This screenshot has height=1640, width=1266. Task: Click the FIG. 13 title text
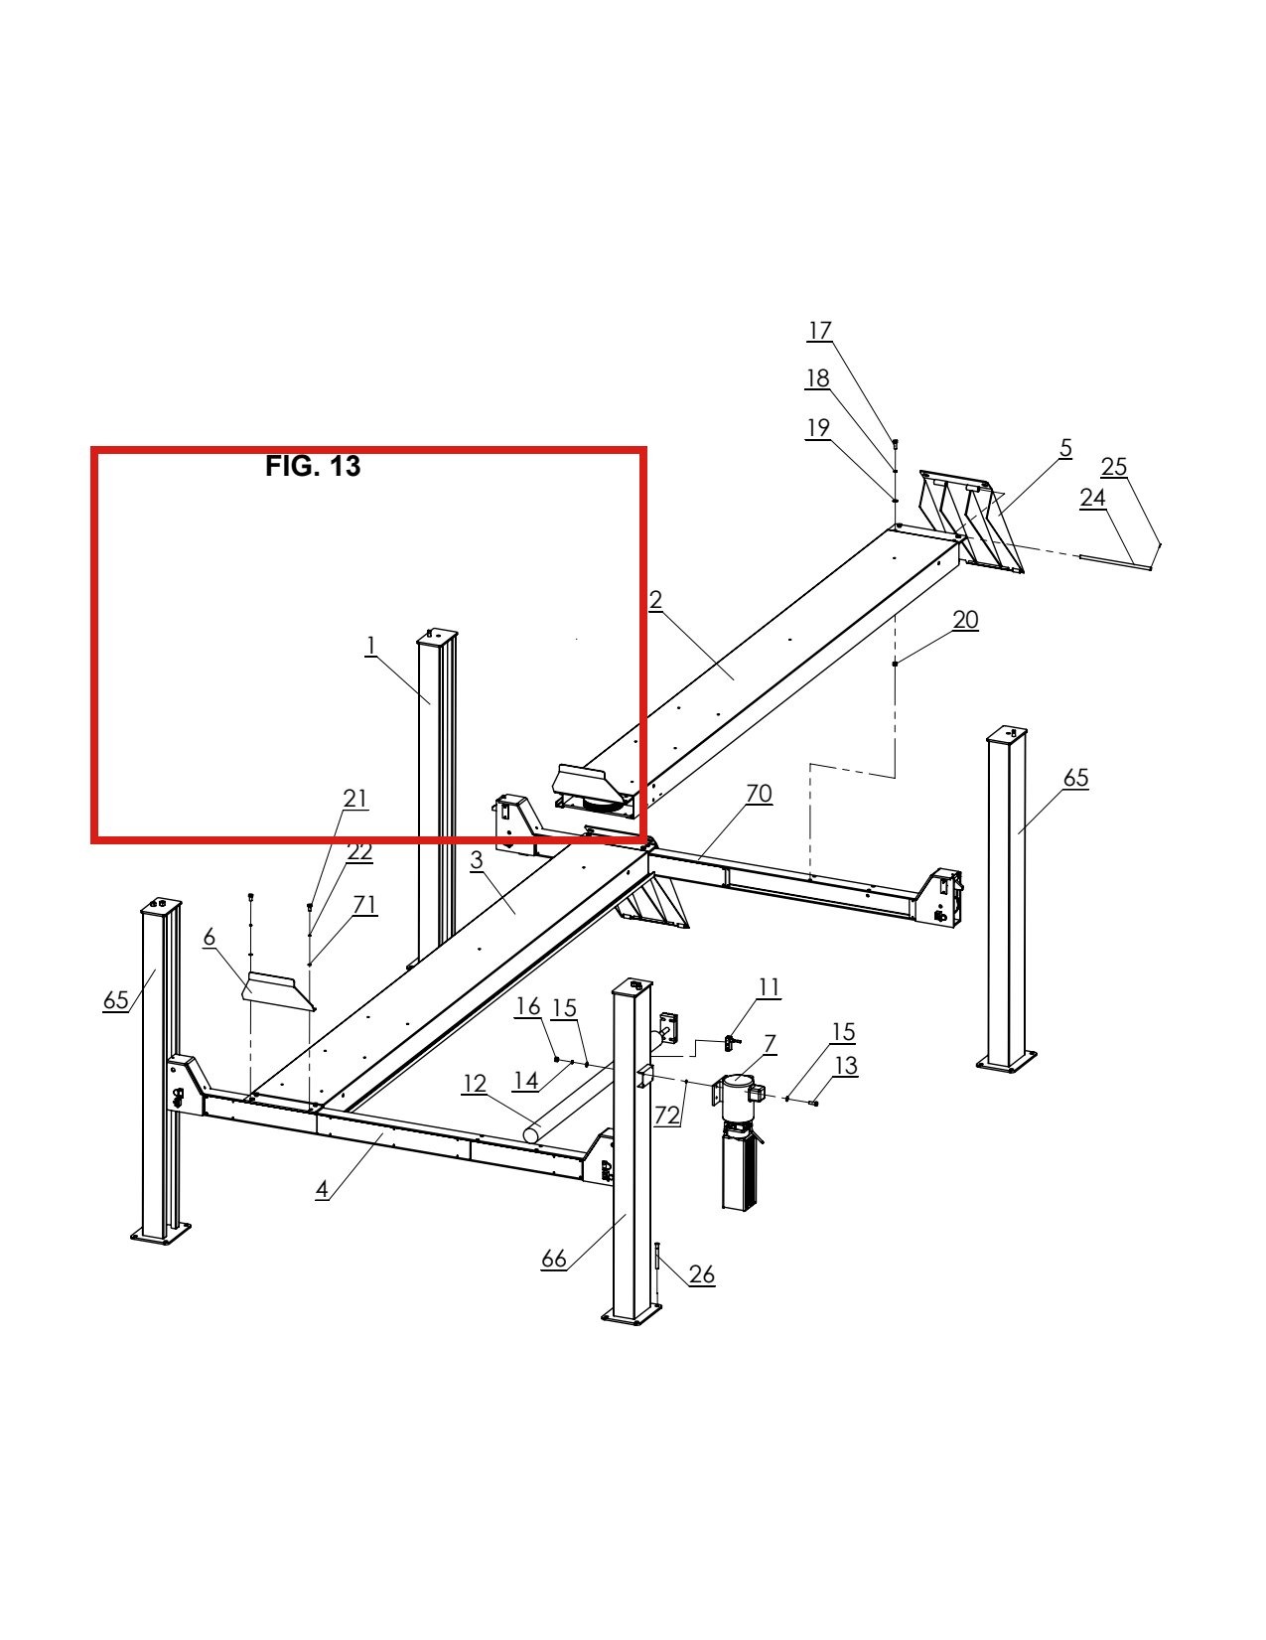(x=313, y=466)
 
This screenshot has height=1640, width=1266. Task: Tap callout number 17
(x=819, y=331)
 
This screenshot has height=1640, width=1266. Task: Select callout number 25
(x=1114, y=467)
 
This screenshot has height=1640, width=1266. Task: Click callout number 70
(x=759, y=794)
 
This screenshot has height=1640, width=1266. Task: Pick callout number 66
(x=554, y=1259)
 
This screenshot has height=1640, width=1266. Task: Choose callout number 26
(x=702, y=1274)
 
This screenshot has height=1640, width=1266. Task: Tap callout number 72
(x=667, y=1115)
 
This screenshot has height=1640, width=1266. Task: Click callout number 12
(x=474, y=1084)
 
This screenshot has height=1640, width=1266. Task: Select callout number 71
(x=364, y=904)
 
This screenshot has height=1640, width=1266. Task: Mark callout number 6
(x=209, y=938)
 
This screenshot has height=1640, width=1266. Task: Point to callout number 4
(x=322, y=1189)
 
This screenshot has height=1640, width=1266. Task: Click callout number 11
(x=769, y=987)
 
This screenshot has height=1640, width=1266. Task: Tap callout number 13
(x=846, y=1065)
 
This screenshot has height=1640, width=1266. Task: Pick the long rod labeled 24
(x=1116, y=563)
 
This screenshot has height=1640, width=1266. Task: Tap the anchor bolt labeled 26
(x=658, y=1273)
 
